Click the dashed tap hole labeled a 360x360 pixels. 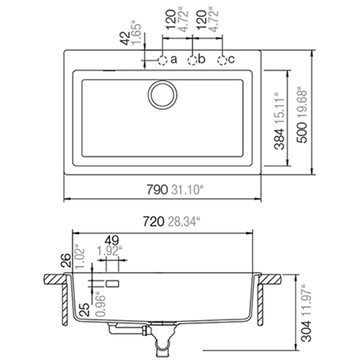click(x=162, y=61)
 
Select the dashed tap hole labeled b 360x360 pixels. click(x=193, y=61)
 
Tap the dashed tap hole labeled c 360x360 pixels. click(x=222, y=61)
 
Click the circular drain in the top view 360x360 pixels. click(x=162, y=95)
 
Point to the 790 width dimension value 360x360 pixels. click(x=157, y=189)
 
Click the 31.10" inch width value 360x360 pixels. click(x=187, y=189)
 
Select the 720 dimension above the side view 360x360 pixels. click(x=153, y=221)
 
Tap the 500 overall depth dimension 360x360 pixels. click(x=301, y=133)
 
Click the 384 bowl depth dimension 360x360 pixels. click(x=279, y=139)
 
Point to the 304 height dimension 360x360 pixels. click(x=306, y=331)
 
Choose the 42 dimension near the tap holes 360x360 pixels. click(x=125, y=38)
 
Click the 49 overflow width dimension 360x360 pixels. click(x=112, y=241)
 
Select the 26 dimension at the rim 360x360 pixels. click(x=66, y=260)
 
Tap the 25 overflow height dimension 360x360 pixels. click(x=84, y=310)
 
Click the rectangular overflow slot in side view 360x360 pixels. click(x=113, y=283)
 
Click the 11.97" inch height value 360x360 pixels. click(x=306, y=301)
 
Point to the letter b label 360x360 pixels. click(x=202, y=59)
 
